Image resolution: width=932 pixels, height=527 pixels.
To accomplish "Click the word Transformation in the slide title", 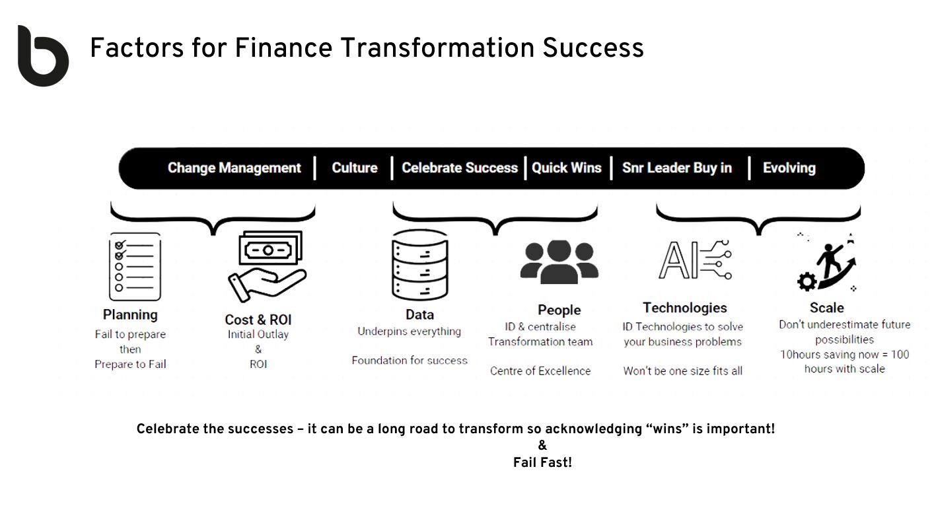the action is point(437,48).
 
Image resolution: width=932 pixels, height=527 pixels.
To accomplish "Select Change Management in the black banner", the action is point(234,168).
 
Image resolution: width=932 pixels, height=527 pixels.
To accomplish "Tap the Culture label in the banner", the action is point(355,168).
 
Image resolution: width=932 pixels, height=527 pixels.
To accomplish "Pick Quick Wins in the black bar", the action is point(567,168).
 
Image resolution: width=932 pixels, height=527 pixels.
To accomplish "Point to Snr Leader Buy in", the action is point(677,168).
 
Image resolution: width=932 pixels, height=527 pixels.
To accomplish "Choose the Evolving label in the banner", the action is point(789,168).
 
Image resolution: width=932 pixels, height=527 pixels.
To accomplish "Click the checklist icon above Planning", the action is point(135,267).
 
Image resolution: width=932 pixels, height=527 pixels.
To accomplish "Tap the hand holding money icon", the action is point(267,267).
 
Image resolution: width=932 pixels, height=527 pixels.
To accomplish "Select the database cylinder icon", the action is point(420,265).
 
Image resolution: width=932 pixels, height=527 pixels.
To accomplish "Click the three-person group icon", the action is point(559,262).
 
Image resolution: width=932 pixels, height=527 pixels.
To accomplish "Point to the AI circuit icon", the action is point(695,260).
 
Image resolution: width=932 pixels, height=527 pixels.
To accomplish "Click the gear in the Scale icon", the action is point(807,282).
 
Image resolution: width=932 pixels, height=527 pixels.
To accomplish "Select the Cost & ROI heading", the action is point(258,320).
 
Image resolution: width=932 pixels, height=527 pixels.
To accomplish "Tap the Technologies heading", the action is point(685,308).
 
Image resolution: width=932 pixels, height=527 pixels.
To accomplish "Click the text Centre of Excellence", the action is point(540,370).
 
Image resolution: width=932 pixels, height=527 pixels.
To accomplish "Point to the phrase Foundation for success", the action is point(410,360).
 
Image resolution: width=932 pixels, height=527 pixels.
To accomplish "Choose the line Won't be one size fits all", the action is point(683,370).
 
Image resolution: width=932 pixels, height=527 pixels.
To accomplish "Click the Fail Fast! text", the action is point(542,462).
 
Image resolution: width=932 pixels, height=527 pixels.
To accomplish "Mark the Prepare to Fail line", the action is point(130,365).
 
